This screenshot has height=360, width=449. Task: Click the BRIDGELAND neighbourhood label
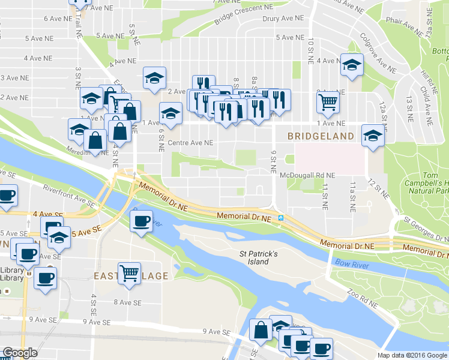coord(321,136)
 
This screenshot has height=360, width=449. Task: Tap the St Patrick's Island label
coord(258,258)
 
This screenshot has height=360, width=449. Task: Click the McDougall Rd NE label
coord(307,175)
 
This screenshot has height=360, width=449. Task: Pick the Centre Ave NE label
coord(190,143)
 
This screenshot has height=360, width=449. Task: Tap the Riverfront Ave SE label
coord(69,194)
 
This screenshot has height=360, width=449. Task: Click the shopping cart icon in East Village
coord(129,272)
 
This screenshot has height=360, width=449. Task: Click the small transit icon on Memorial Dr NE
coord(280,218)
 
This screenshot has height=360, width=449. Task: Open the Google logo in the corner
coord(20,353)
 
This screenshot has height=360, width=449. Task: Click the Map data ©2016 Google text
coord(412,355)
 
